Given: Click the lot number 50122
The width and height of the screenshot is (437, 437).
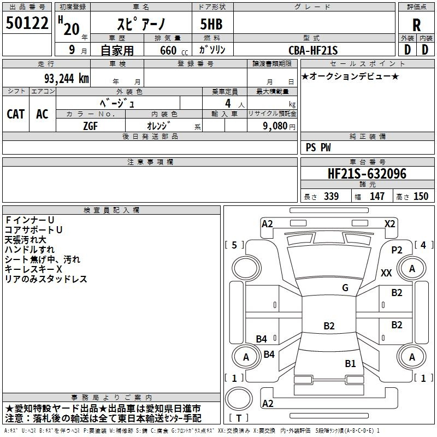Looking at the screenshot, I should point(27,23).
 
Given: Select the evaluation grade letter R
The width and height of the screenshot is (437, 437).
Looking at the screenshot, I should point(416,25).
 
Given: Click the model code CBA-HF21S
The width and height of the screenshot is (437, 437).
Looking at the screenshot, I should point(314,50).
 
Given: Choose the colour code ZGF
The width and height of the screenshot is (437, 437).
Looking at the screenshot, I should point(90,125).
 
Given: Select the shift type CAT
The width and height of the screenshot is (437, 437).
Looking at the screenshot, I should point(15,114).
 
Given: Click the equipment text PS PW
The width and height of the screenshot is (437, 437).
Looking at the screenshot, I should point(318,147).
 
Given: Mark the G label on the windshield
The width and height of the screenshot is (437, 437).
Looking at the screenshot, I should point(345,288).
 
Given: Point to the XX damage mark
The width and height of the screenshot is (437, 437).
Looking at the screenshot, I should point(386,273).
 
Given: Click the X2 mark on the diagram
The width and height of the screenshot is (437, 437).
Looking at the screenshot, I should point(390,223).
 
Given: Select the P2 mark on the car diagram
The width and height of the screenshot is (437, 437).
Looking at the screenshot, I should point(397,250).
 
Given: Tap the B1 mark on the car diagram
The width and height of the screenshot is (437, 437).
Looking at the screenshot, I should point(350,363).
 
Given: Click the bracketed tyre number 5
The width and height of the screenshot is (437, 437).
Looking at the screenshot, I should point(234,245).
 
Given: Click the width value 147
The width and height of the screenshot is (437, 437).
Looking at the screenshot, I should point(377,197).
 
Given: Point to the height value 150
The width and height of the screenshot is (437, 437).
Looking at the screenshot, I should point(421,197).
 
